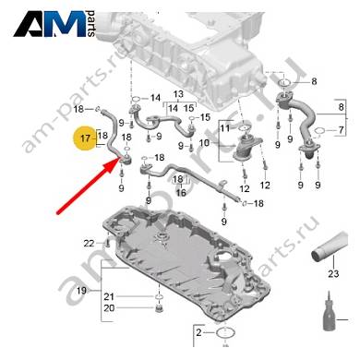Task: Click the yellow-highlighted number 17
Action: (x=85, y=138)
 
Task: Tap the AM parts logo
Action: (x=54, y=24)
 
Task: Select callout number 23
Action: (x=333, y=273)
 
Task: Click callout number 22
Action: (x=89, y=244)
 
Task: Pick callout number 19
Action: (x=81, y=291)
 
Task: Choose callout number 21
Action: (x=109, y=297)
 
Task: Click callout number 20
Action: (x=109, y=308)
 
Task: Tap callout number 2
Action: (x=198, y=332)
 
